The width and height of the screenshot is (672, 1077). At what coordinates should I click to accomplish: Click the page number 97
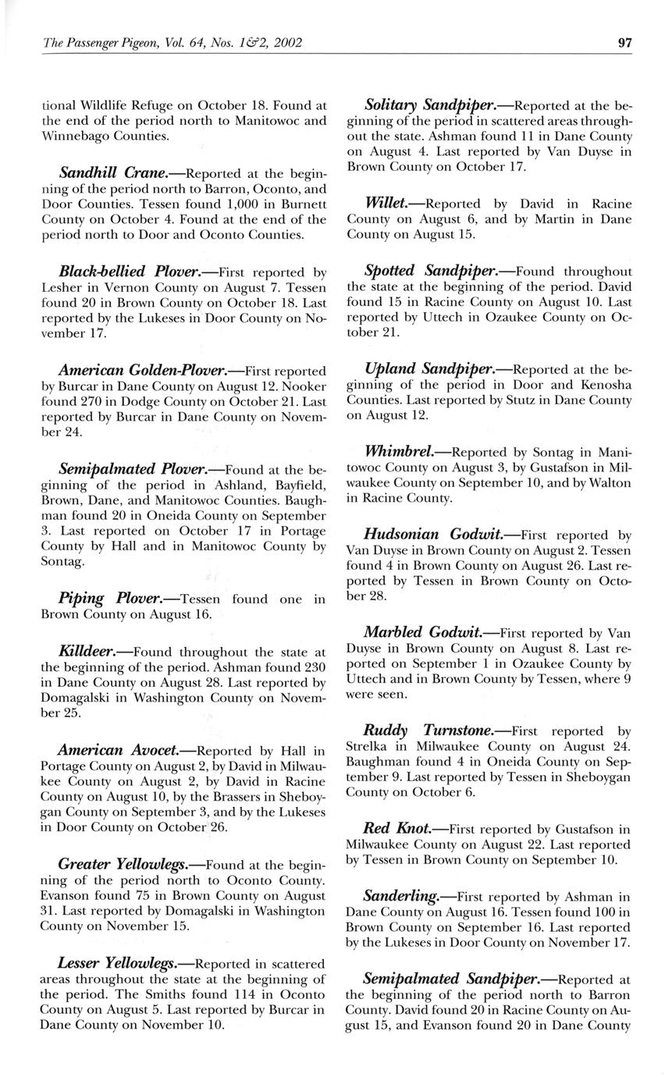624,43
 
